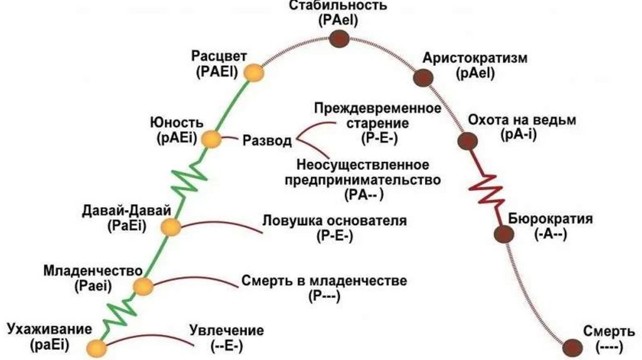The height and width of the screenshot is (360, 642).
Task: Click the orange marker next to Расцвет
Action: pos(254,73)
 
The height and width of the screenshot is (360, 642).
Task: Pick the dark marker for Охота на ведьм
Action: pos(465,140)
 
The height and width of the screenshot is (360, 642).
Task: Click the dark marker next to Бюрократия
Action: pos(503,234)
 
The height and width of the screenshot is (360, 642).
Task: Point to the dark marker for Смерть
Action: pos(571,346)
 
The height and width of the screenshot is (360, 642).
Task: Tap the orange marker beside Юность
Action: pos(213,140)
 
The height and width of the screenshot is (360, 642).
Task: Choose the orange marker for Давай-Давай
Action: pos(170,227)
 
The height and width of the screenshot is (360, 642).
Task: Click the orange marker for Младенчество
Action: pos(144,287)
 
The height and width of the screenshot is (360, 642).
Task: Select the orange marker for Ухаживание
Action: pos(96,347)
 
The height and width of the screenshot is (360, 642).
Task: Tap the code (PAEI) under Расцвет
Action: pos(216,71)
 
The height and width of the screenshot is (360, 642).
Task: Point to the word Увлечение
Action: pos(226,331)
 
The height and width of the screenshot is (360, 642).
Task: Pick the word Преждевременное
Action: pos(377,107)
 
